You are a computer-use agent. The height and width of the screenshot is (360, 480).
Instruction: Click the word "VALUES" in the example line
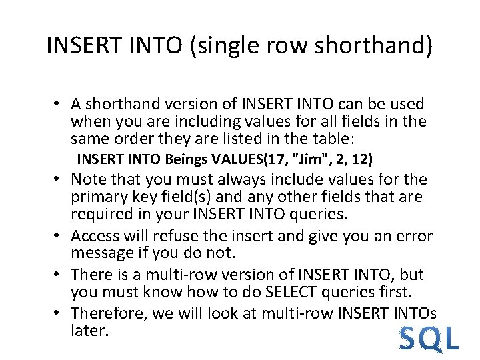click(238, 159)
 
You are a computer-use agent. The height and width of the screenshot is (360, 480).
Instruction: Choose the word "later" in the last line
click(89, 330)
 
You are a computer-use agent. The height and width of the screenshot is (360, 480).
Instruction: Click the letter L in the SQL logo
click(451, 339)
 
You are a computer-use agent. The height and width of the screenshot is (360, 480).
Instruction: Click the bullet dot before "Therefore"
click(59, 313)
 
